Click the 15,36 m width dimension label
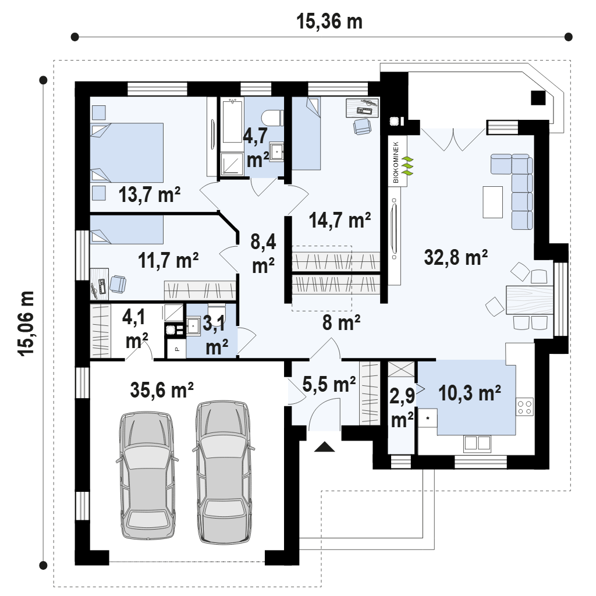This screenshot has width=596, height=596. [x=329, y=22]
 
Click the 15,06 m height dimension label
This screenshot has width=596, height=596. [x=27, y=324]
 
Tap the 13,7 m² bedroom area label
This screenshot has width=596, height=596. [x=150, y=194]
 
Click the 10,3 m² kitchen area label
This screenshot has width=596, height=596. [x=470, y=393]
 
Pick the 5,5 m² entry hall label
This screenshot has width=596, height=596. [x=329, y=384]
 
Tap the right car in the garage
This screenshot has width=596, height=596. [x=223, y=471]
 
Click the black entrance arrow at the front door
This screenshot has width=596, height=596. [x=325, y=446]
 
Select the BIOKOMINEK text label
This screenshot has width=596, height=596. [x=396, y=162]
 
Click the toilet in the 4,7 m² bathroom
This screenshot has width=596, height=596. [x=273, y=118]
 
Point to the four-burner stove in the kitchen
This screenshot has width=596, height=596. [x=524, y=407]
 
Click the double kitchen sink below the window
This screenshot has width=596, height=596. [x=477, y=443]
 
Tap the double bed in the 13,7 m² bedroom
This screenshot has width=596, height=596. [x=127, y=152]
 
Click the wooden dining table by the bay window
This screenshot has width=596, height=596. [x=530, y=300]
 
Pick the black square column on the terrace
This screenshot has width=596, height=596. [x=538, y=98]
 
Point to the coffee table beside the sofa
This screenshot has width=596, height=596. [x=492, y=202]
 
